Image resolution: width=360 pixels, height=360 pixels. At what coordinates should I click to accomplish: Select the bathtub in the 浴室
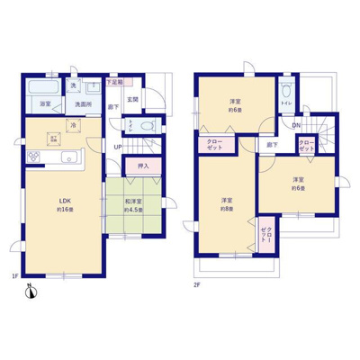[x=42, y=90]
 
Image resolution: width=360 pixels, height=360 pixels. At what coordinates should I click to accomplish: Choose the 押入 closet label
[x=143, y=166]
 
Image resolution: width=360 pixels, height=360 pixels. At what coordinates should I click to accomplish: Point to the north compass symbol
[x=31, y=292]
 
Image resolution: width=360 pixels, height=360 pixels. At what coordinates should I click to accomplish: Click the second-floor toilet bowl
[x=285, y=92]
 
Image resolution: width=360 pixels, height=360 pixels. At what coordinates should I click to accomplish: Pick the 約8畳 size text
[x=227, y=208]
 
